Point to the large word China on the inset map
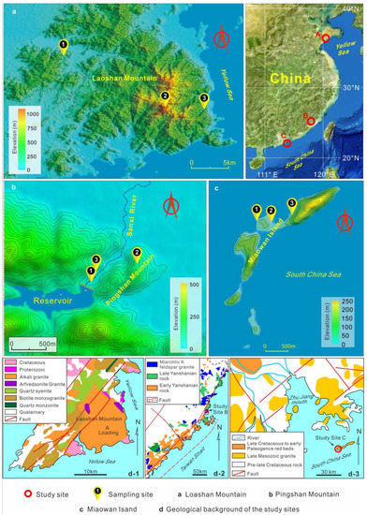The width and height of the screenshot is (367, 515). click(285, 75)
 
